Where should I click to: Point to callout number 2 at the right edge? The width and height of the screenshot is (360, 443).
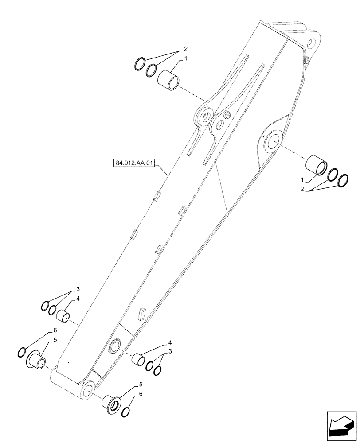pos(301,189)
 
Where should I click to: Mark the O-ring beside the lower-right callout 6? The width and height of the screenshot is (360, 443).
pos(125,412)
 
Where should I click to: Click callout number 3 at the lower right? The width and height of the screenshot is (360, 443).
pos(169,352)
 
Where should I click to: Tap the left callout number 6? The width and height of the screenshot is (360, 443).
pos(55,330)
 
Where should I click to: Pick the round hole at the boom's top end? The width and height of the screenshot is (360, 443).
pos(311,44)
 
